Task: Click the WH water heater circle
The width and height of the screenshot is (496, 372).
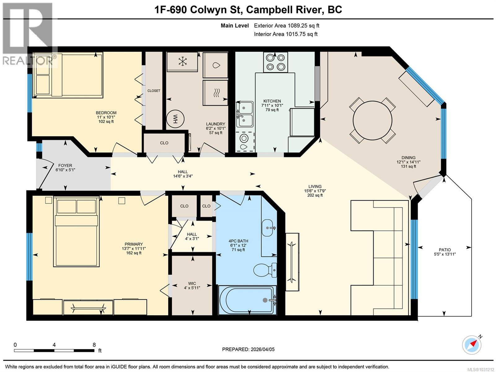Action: pos(175,119)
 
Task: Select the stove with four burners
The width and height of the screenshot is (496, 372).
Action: pos(276,62)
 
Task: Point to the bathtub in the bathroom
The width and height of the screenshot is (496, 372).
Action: pos(247,300)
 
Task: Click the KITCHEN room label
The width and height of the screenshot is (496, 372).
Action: pos(272,101)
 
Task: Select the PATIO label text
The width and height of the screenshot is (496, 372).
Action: pos(445,250)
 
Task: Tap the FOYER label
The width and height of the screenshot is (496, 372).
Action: pos(65,166)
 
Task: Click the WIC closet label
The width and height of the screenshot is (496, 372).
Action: pos(192,283)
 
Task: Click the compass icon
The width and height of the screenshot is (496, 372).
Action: pos(472,345)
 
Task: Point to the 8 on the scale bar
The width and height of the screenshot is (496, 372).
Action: pos(94,345)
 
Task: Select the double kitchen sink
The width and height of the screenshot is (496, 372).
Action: pos(245,114)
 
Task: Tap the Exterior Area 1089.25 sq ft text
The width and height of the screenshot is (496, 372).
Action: pos(286,26)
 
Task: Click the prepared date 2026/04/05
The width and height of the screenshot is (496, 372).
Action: pos(262,349)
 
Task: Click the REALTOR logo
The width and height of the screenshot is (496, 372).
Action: pos(28,34)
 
